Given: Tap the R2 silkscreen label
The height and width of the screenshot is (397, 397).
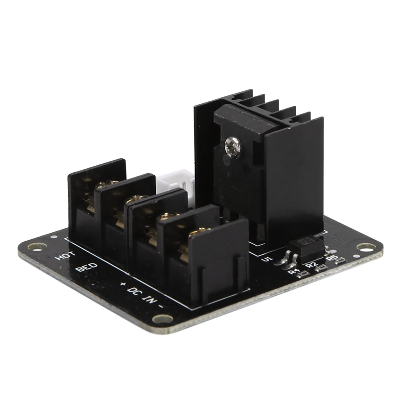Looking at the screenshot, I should (x=311, y=265).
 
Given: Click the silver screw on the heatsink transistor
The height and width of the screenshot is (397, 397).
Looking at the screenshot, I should (x=231, y=145).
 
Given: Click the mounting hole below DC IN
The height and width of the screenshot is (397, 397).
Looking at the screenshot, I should (x=163, y=319).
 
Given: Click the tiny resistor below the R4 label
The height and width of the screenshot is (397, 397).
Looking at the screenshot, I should (x=300, y=276).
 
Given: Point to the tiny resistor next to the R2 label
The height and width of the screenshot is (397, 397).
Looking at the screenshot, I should (x=321, y=268).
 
